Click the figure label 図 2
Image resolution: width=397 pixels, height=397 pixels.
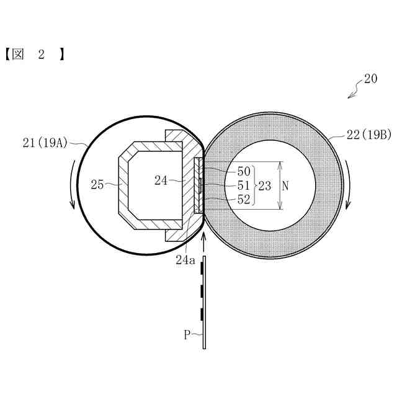click(35, 55)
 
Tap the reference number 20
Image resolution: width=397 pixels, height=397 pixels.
click(370, 79)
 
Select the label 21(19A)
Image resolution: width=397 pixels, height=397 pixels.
click(45, 143)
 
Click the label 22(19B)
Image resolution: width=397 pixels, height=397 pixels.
click(368, 135)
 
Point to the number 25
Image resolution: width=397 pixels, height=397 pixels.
click(97, 185)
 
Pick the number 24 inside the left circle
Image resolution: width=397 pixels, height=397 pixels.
click(161, 181)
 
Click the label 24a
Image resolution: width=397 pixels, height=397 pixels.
click(185, 260)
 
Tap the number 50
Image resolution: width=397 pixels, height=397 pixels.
click(244, 172)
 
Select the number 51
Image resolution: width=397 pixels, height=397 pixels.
click(244, 185)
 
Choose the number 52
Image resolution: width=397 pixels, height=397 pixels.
click(244, 200)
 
